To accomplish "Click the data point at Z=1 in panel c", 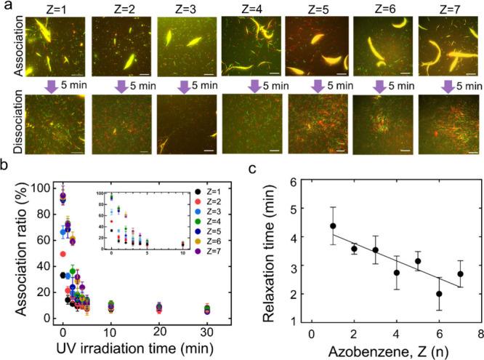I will (x=333, y=226).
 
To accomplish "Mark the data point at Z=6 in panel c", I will (x=439, y=294).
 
